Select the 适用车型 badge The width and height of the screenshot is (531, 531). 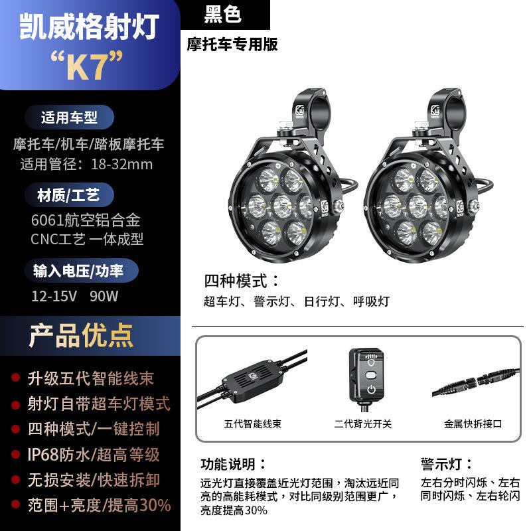click(x=69, y=118)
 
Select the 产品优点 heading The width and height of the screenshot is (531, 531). click(x=81, y=336)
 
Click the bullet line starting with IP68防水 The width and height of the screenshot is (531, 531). click(x=93, y=455)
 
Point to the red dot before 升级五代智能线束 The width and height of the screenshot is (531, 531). click(x=15, y=378)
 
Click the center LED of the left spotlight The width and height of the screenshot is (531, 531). click(x=274, y=203)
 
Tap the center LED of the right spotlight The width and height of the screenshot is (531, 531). click(x=416, y=203)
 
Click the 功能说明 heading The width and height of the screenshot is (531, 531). click(x=234, y=463)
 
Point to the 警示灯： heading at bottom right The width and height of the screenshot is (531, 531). click(x=447, y=463)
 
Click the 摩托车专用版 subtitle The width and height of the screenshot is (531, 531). click(x=232, y=45)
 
